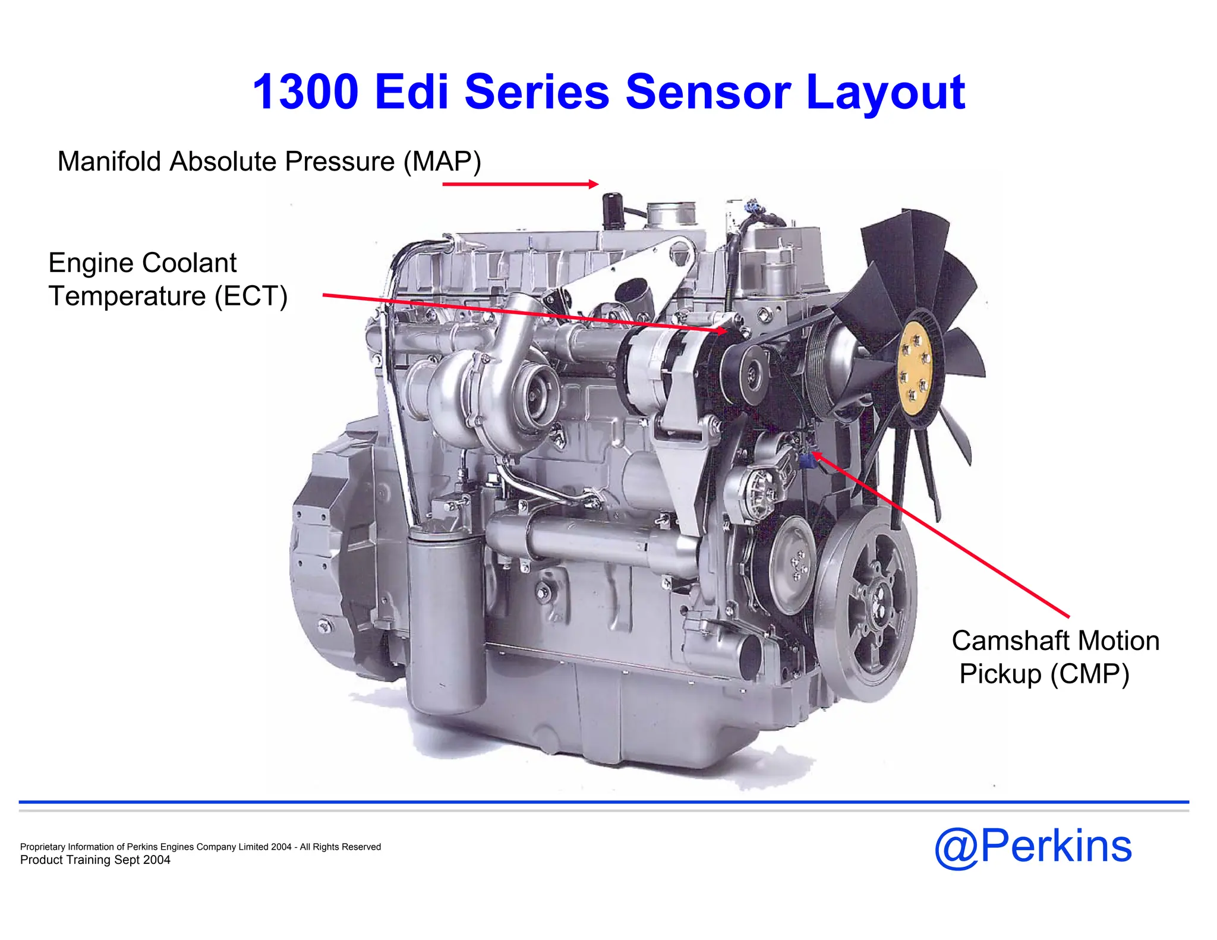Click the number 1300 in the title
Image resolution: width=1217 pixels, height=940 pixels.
click(x=305, y=92)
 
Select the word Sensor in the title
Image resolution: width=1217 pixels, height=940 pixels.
click(x=708, y=92)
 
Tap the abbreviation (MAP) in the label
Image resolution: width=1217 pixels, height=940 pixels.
click(x=442, y=162)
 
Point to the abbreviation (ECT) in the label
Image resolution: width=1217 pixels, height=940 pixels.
click(x=251, y=296)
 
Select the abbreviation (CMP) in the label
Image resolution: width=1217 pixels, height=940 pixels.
click(x=1089, y=674)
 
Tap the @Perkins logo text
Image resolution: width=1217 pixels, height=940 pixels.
click(x=1033, y=846)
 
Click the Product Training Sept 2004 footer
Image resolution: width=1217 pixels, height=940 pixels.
click(x=95, y=860)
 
